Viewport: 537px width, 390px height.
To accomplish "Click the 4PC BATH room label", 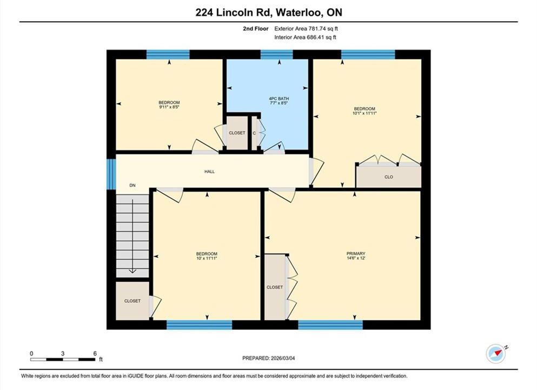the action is (279, 99).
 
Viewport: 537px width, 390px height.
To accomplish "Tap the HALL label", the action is (210, 172).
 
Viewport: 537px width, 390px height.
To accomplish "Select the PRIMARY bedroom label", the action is (356, 254).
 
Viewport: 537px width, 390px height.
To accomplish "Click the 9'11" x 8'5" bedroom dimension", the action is (169, 107).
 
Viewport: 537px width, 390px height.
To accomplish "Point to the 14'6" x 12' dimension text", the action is (356, 258).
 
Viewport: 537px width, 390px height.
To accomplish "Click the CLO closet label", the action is (389, 177).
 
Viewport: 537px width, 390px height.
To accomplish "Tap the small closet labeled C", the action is (254, 133).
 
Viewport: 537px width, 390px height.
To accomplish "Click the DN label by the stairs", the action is (132, 185).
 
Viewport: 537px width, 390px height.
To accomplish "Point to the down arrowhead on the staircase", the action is (132, 271).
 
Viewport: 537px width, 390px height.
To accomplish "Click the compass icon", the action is (495, 353).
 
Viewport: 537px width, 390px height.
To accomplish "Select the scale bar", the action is (63, 360).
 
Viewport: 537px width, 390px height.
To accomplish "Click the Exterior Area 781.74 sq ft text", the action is (306, 29).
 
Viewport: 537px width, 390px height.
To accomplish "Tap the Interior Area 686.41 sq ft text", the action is (305, 37).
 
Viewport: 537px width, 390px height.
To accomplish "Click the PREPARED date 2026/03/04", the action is (282, 358).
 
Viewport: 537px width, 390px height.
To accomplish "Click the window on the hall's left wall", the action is (111, 174).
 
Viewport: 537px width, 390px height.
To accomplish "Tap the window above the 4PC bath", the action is (277, 55).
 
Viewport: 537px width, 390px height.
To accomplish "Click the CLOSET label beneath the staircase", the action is (132, 301).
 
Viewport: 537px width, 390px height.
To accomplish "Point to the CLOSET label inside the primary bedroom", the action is (275, 287).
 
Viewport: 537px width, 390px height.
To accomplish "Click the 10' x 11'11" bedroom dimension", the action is (207, 258).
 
